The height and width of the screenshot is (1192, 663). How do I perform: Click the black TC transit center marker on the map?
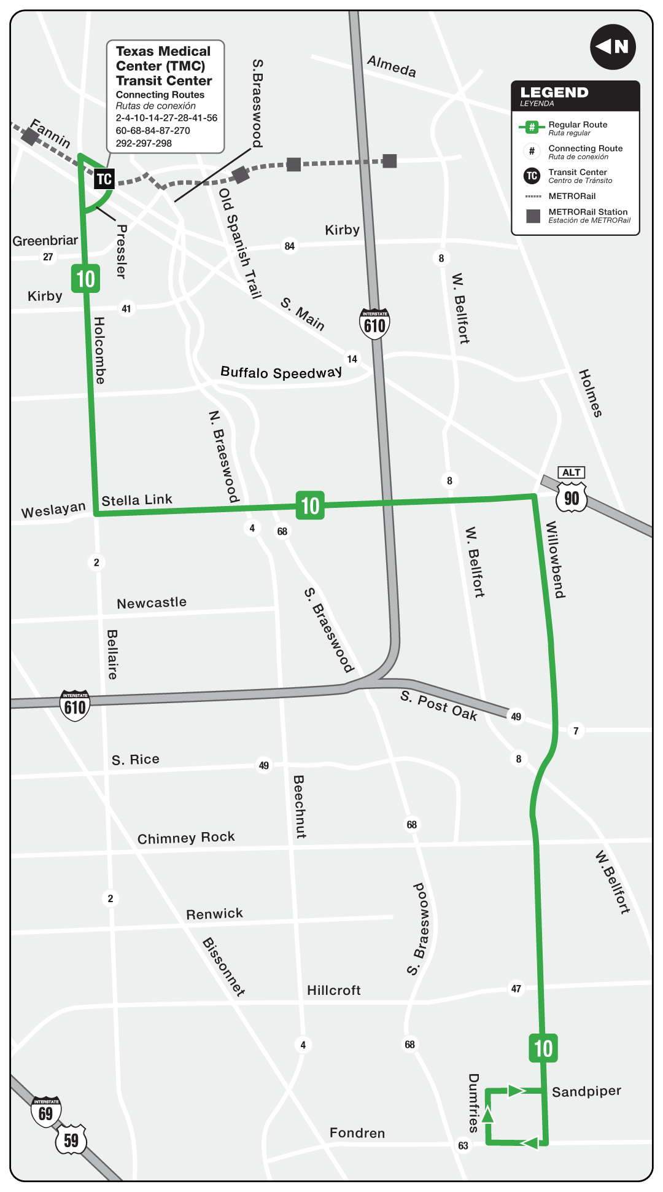coord(104,179)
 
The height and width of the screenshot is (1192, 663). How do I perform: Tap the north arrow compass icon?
coord(613,47)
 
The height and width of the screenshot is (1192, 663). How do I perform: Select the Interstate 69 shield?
coord(46,1112)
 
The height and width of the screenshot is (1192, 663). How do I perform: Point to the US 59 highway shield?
coord(71,1140)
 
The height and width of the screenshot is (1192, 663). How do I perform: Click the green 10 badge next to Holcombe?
coord(85,278)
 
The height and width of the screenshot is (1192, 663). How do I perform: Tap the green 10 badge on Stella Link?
coord(310,505)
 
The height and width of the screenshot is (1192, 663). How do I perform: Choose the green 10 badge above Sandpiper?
coord(543,1048)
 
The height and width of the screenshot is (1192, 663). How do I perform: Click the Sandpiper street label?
coord(586,1091)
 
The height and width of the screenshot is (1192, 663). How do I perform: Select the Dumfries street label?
coord(473,1102)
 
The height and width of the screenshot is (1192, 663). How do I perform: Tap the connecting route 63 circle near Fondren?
coord(463,1145)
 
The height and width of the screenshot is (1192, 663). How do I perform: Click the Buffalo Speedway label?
coord(281,372)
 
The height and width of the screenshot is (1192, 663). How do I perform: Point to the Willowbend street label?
coord(555,559)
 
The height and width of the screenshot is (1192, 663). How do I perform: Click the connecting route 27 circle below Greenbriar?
coord(48,257)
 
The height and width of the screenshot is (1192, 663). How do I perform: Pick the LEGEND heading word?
coord(554,92)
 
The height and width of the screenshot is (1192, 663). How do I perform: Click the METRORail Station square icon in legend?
coord(533,216)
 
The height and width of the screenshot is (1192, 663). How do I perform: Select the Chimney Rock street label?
coord(186,838)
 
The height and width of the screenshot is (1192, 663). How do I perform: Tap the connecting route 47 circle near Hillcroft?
coord(516,989)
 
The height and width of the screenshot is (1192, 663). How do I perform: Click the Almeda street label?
coord(392,66)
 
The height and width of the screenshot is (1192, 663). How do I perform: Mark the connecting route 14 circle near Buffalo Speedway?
coord(352,359)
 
